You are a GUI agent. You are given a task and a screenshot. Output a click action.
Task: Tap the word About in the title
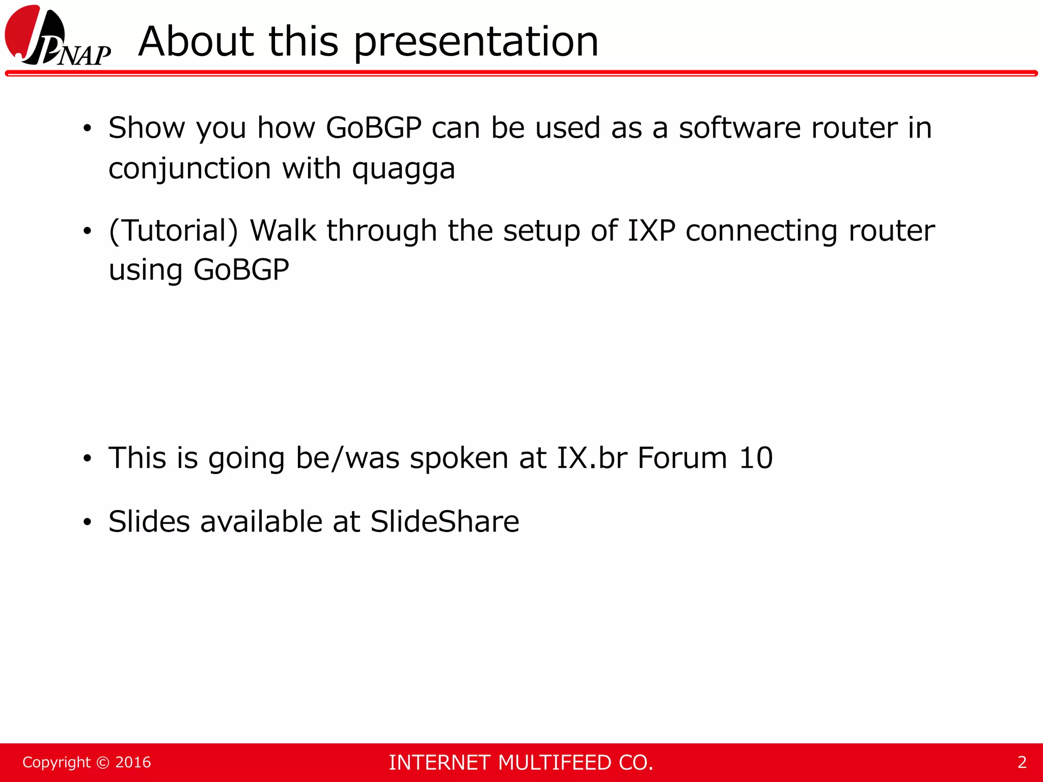coord(196,42)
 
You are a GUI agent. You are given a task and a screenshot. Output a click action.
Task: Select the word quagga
coord(403,169)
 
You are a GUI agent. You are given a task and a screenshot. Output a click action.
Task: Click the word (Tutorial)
coord(174,231)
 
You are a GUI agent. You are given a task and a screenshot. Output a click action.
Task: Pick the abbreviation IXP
coord(651,231)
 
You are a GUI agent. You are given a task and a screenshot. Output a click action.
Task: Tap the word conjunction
coord(189,169)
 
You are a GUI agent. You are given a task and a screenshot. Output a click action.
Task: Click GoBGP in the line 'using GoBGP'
coord(241,269)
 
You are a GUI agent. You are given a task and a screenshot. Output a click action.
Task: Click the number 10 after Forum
coord(756,458)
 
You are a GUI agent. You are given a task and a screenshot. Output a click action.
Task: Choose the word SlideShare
coord(445,521)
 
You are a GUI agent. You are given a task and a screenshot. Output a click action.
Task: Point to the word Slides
coord(149,521)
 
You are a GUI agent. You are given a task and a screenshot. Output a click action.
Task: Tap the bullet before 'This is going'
coord(88,459)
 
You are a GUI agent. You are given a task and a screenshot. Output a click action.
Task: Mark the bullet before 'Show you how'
coord(88,128)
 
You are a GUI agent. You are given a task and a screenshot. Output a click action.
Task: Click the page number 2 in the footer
coord(1022,762)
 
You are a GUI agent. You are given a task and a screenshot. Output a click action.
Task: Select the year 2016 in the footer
coord(133,762)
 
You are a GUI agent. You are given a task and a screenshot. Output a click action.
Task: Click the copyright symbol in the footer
coord(103,762)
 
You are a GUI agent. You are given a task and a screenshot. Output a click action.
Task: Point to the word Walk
coord(283,231)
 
